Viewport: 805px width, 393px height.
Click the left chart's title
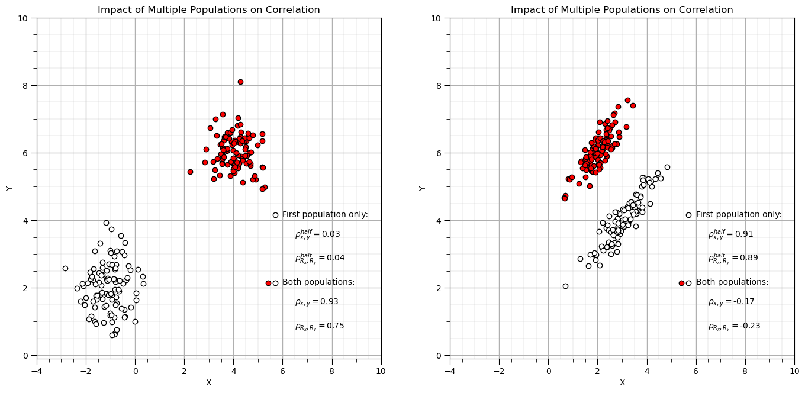208,10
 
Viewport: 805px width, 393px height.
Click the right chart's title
622,10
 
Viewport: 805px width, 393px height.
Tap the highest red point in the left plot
240,82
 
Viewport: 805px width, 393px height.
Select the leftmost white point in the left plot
65,268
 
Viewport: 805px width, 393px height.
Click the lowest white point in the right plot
565,286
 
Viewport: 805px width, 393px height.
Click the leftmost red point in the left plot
190,172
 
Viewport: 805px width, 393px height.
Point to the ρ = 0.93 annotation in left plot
317,302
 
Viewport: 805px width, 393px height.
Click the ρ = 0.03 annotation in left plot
317,234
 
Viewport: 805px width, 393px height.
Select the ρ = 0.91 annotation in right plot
730,234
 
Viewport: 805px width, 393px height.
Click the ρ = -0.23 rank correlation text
734,326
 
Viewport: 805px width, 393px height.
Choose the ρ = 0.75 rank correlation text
319,326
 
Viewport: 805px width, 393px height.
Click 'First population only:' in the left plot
325,215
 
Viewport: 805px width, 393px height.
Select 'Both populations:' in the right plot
732,282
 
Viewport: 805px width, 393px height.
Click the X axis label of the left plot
208,383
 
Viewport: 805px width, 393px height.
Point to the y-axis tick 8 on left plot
25,85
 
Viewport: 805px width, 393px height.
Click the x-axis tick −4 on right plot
450,371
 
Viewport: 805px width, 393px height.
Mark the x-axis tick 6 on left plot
282,371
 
